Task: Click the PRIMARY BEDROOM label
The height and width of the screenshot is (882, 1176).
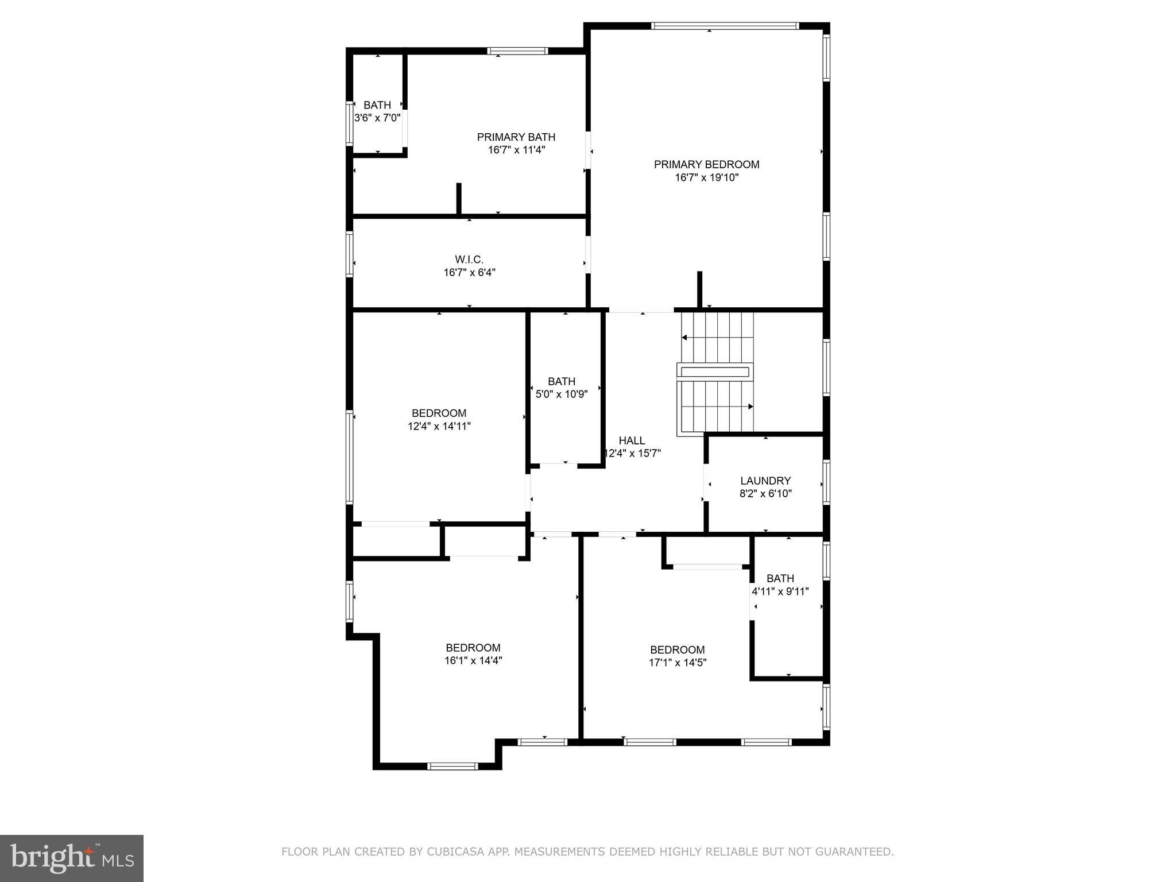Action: coord(706,165)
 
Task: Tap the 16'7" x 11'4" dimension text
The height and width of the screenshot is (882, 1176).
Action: coord(516,150)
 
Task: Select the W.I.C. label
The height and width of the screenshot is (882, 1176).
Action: coord(469,260)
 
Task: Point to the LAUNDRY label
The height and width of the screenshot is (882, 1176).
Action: coord(765,481)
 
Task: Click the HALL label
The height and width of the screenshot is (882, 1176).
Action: coord(632,440)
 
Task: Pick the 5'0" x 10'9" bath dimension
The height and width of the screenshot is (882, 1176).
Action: coord(562,394)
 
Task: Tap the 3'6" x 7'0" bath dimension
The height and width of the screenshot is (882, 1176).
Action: coord(377,118)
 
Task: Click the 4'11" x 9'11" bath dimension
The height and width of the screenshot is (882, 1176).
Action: coord(780,591)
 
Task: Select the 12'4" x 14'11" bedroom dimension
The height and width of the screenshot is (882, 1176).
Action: coord(439,426)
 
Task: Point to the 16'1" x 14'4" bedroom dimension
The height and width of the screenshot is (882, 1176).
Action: coord(473,660)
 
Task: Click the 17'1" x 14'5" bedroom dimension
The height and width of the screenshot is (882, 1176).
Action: coord(678,662)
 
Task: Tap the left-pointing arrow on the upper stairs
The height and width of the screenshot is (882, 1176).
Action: coord(684,338)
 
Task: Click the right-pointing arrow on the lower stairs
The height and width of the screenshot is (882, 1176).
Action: coord(750,407)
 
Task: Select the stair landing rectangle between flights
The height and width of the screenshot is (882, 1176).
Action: coord(715,372)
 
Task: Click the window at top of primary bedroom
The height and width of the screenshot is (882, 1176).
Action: coord(725,26)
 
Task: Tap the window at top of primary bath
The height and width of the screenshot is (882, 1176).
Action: coord(517,51)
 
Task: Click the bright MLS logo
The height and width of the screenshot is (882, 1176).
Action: coord(72,858)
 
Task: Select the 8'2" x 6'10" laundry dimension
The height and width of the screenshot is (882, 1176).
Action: coord(765,494)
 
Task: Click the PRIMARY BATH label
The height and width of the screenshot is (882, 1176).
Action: coord(516,137)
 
